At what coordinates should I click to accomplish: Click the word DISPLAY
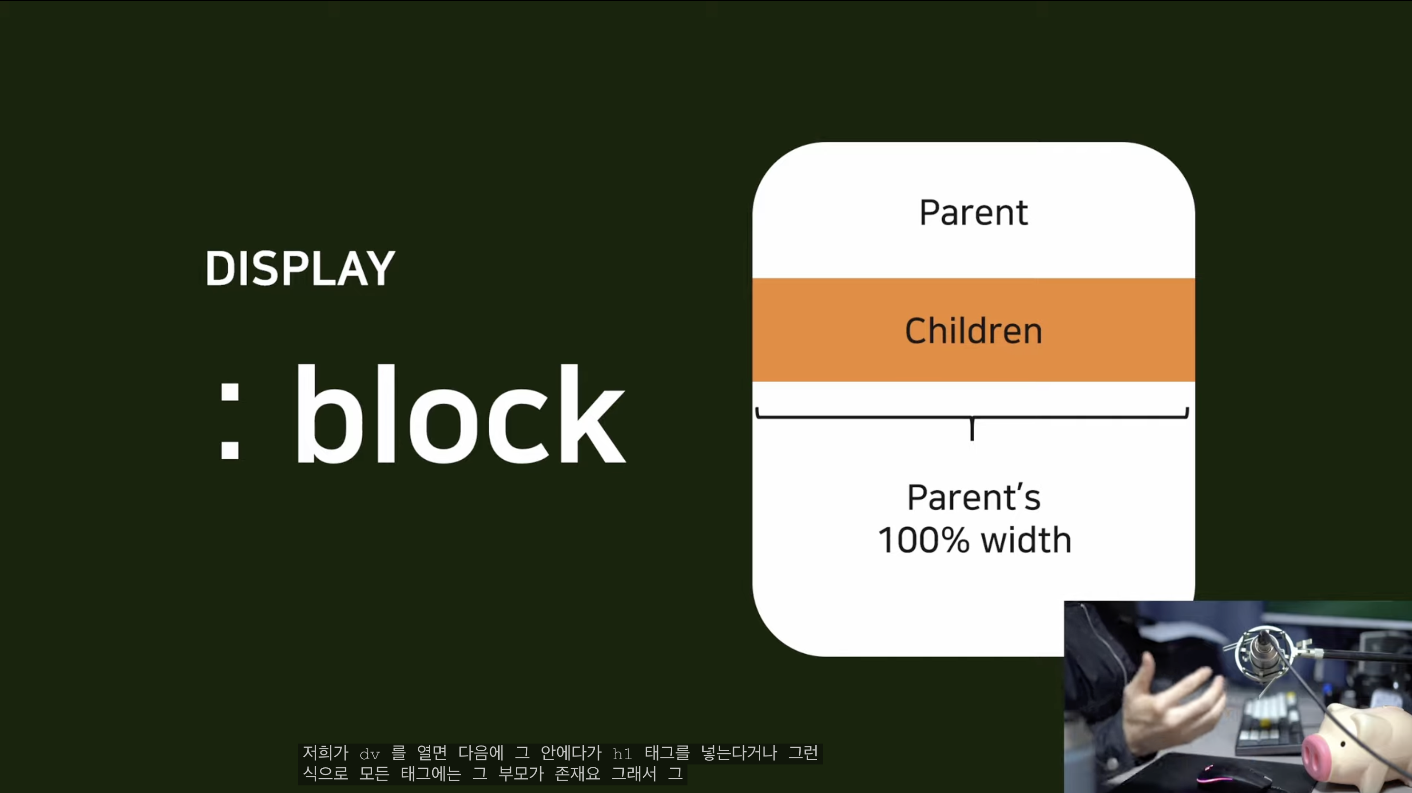pos(300,268)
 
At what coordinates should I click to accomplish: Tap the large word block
pos(460,413)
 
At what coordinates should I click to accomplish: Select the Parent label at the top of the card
pos(974,213)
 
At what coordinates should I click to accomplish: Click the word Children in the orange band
pos(974,330)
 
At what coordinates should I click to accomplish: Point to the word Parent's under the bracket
pos(974,497)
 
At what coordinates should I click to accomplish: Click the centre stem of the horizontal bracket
pos(972,428)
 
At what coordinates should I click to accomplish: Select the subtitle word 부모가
pos(521,774)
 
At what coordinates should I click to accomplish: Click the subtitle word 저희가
pos(326,753)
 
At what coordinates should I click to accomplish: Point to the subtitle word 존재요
pos(578,774)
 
